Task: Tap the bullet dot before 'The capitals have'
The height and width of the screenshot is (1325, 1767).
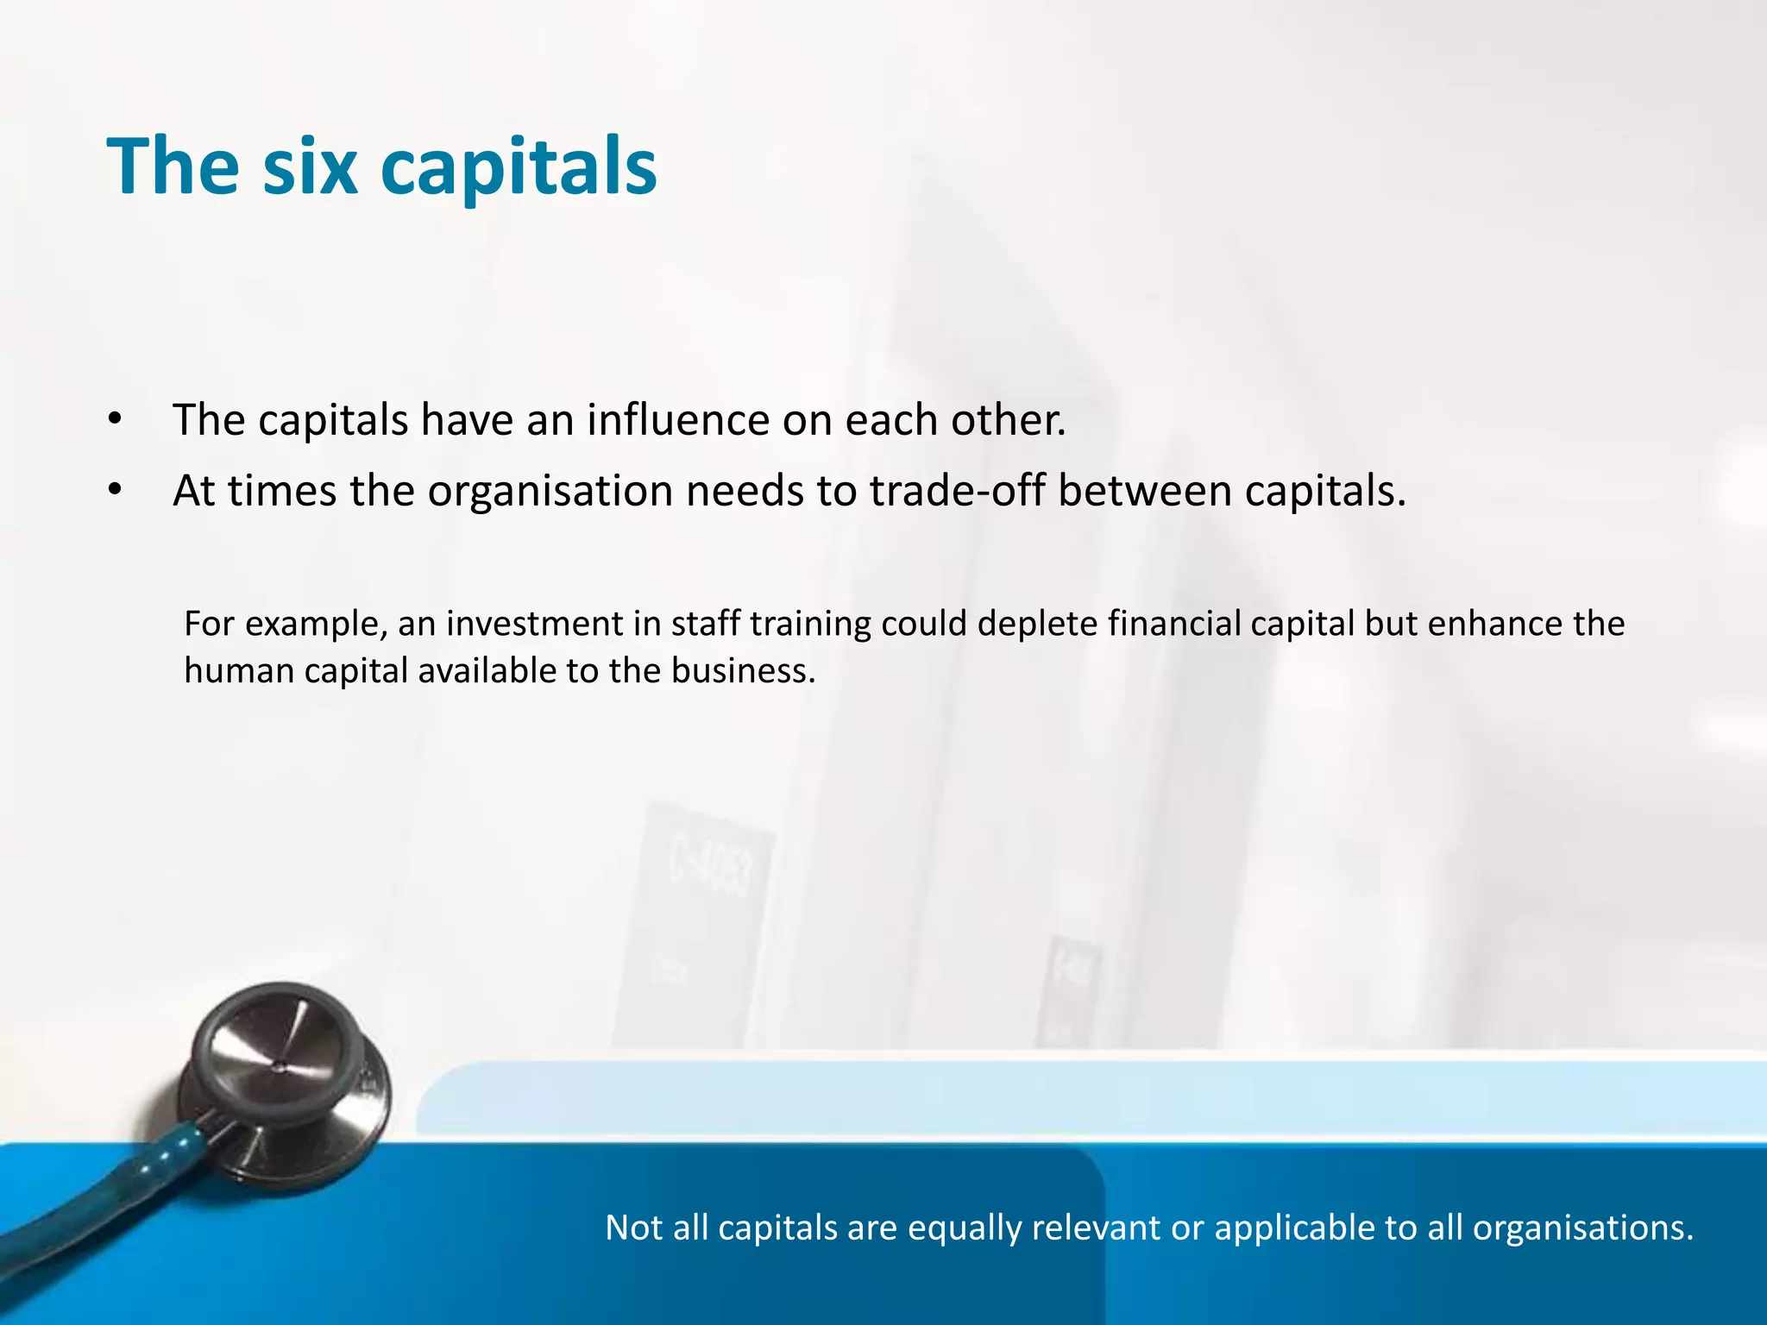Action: (115, 420)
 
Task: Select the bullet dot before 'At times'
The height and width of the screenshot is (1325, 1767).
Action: (115, 491)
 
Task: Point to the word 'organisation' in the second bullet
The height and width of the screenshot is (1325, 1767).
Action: (550, 491)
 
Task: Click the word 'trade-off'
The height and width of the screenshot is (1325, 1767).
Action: (957, 491)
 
